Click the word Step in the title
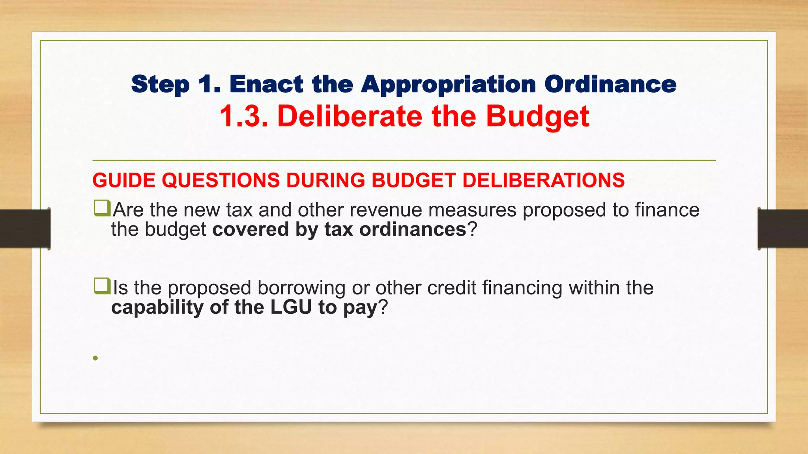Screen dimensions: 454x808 tap(160, 85)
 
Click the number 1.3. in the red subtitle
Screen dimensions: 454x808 tap(244, 116)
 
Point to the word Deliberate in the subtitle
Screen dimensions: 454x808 tap(350, 116)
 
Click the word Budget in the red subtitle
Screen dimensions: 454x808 tap(537, 117)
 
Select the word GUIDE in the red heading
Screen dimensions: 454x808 tap(124, 180)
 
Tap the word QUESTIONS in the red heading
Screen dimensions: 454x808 tap(221, 180)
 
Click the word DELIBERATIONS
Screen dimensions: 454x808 tap(543, 180)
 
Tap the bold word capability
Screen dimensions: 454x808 tap(157, 307)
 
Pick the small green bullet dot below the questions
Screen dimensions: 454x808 tap(95, 358)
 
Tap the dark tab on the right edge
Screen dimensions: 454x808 tap(783, 229)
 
